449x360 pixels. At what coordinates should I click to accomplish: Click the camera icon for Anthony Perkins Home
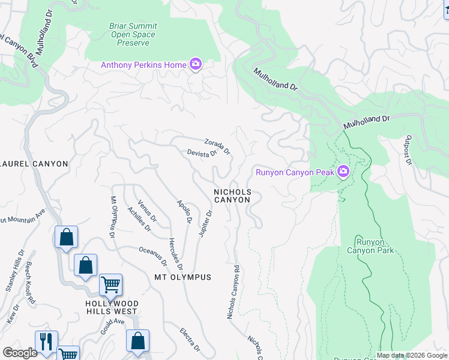(x=195, y=64)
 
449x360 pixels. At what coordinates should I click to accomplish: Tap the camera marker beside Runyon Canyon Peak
(x=343, y=172)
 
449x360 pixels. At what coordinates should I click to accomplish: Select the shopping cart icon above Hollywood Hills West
(x=110, y=285)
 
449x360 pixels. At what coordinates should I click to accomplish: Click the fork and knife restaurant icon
(x=46, y=341)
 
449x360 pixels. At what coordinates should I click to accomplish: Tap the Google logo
(x=20, y=353)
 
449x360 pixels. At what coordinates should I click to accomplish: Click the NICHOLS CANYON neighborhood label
(x=232, y=196)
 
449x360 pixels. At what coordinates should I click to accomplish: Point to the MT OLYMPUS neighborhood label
(x=182, y=277)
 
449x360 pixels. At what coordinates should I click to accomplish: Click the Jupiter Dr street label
(x=205, y=223)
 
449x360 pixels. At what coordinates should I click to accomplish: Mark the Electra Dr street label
(x=190, y=339)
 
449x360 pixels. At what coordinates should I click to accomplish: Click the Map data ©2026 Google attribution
(x=411, y=355)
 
